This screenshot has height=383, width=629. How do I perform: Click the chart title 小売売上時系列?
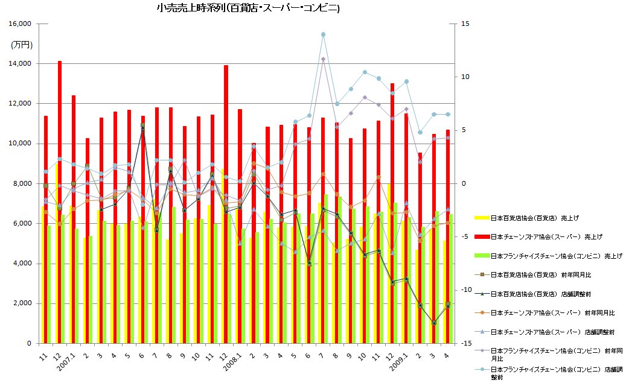[247, 8]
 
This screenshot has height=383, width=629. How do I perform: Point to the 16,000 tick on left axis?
[21, 24]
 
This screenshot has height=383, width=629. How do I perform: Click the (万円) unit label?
[22, 45]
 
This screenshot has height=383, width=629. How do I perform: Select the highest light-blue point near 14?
[324, 34]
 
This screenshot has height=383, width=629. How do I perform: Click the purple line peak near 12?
[324, 59]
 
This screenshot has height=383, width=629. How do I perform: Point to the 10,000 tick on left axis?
[21, 144]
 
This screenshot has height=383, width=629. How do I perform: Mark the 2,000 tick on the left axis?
[24, 303]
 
